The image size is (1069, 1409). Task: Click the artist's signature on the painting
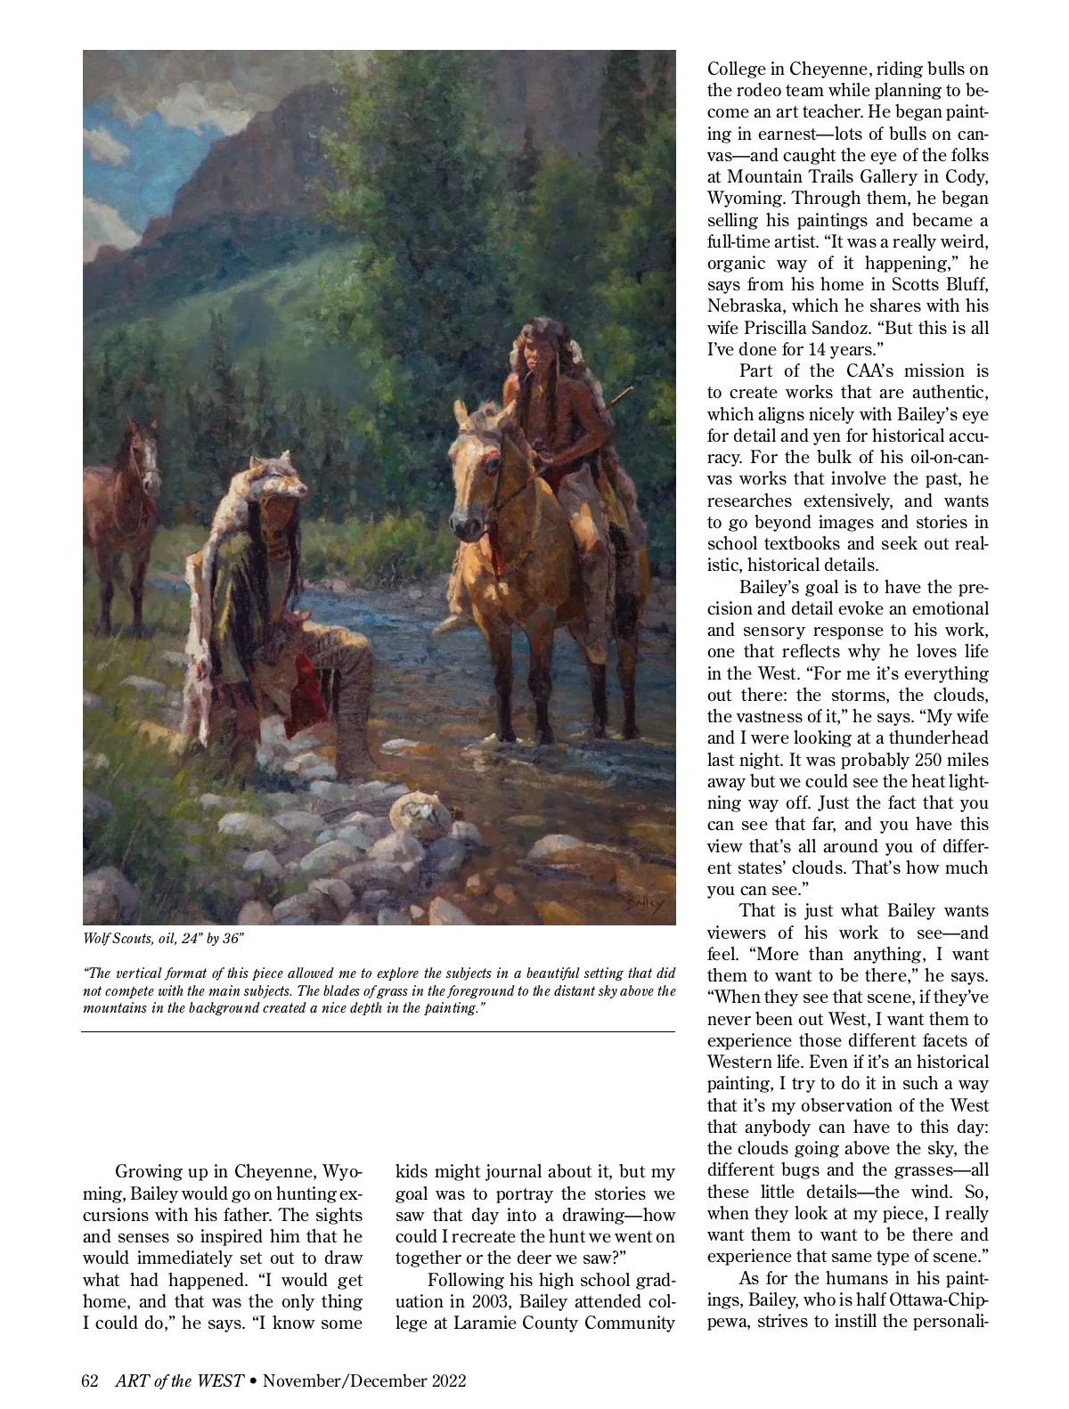click(x=643, y=902)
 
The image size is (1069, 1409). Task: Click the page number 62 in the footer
click(x=90, y=1381)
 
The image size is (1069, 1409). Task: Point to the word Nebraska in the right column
click(x=745, y=306)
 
